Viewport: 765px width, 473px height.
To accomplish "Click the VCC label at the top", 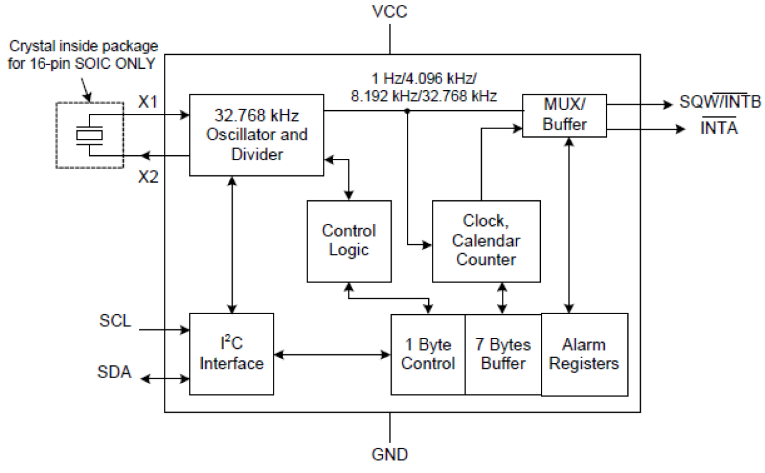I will tap(390, 12).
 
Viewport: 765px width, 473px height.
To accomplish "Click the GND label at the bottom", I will tap(390, 454).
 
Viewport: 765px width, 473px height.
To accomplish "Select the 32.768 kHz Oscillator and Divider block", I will tap(256, 135).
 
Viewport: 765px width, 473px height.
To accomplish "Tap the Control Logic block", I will tap(348, 240).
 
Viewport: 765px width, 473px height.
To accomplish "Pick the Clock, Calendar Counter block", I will tap(486, 241).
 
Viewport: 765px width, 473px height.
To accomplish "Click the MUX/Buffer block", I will tap(564, 116).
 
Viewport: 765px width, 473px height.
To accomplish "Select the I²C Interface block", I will tap(232, 354).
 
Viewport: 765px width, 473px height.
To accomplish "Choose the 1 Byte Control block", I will tap(428, 354).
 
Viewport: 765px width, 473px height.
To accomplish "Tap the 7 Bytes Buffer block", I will tap(502, 354).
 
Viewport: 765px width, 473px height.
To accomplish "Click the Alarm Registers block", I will tap(584, 354).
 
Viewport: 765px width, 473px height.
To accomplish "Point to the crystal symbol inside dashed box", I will tap(90, 135).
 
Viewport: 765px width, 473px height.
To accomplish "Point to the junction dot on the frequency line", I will tap(407, 111).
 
